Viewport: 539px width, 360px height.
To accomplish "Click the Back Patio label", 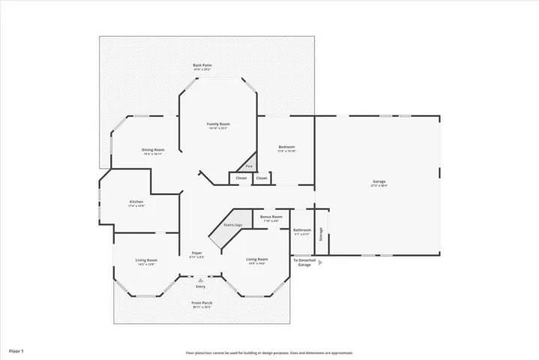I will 202,66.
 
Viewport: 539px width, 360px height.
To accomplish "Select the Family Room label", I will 218,124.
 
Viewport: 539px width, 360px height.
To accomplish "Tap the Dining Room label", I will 153,150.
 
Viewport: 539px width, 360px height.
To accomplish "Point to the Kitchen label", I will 136,202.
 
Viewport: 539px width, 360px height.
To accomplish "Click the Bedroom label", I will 286,147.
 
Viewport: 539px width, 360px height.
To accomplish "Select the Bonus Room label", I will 271,217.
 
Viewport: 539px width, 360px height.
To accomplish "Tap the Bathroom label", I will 301,230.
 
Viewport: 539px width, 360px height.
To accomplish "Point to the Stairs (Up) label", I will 233,225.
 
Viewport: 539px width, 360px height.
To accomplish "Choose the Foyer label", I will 196,253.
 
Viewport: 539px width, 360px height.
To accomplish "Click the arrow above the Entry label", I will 200,280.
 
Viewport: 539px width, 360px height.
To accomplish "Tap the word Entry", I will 200,286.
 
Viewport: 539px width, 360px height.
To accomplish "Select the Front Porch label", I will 202,303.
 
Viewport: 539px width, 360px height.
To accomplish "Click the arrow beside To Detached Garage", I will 320,262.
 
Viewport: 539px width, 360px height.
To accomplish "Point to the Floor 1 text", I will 16,350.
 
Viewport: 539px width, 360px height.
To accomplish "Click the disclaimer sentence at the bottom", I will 269,352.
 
